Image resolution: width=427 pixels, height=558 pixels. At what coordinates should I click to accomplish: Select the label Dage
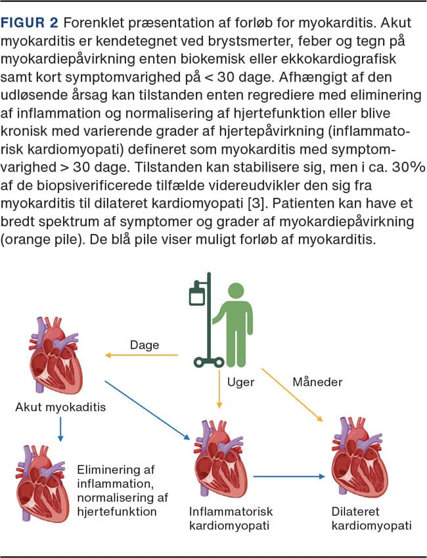144,345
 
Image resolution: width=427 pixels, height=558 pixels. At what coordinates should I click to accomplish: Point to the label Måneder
319,381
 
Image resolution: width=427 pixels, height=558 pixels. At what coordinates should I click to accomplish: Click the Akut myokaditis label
60,407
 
